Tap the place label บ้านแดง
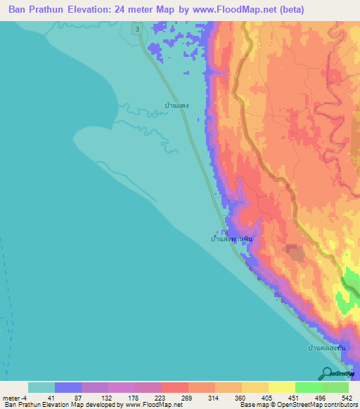[174, 105]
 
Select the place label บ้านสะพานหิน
[231, 239]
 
